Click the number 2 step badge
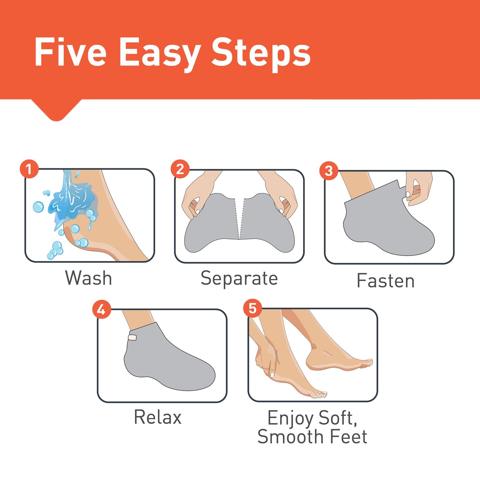click(x=180, y=169)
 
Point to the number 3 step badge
click(x=329, y=171)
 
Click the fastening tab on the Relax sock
click(x=132, y=338)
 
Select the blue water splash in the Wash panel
click(x=70, y=203)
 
